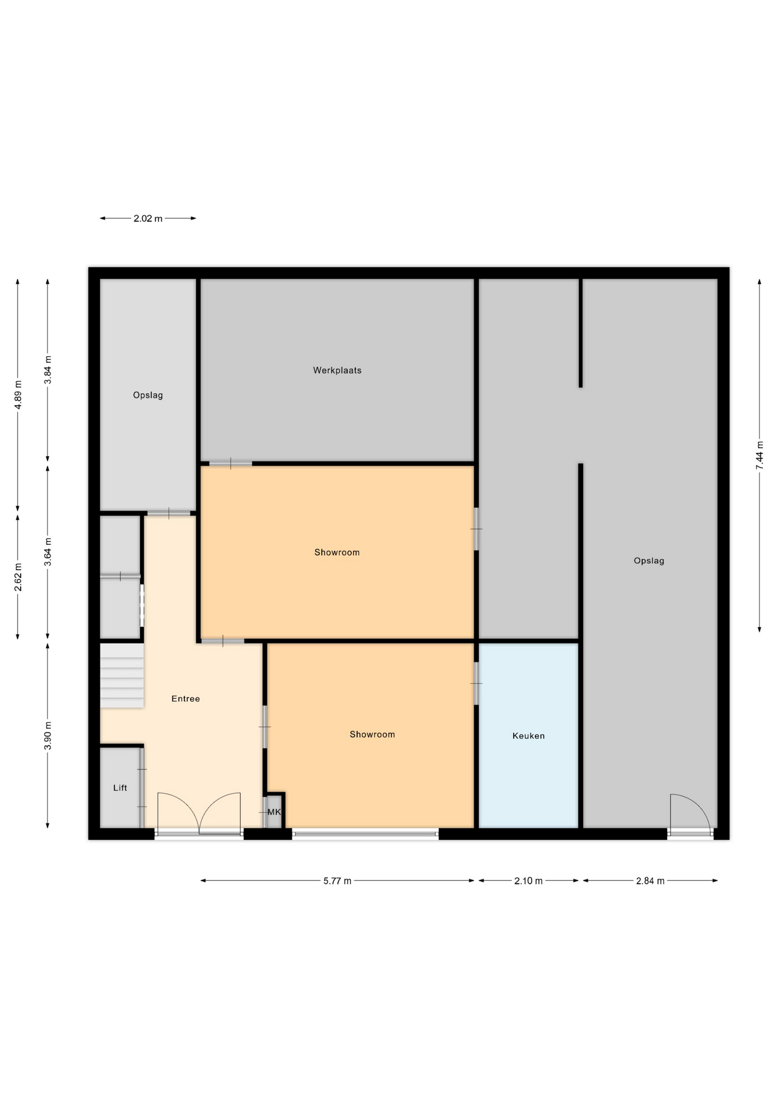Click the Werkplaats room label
pyautogui.click(x=337, y=370)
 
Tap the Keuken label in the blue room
pyautogui.click(x=528, y=736)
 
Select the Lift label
pyautogui.click(x=120, y=788)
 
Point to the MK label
pyautogui.click(x=274, y=812)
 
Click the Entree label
pyautogui.click(x=186, y=699)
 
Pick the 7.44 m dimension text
pyautogui.click(x=760, y=456)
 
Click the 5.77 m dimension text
pyautogui.click(x=338, y=881)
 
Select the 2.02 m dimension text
pyautogui.click(x=148, y=219)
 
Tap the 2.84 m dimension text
pyautogui.click(x=651, y=881)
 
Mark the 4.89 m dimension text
pyautogui.click(x=18, y=395)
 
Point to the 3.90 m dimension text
pyautogui.click(x=48, y=736)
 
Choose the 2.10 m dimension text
pyautogui.click(x=528, y=881)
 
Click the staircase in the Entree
pyautogui.click(x=122, y=676)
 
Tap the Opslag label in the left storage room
pyautogui.click(x=148, y=396)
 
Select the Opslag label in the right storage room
pyautogui.click(x=649, y=561)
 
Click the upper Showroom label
pyautogui.click(x=337, y=552)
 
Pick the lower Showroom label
pyautogui.click(x=372, y=734)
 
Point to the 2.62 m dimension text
pyautogui.click(x=18, y=578)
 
